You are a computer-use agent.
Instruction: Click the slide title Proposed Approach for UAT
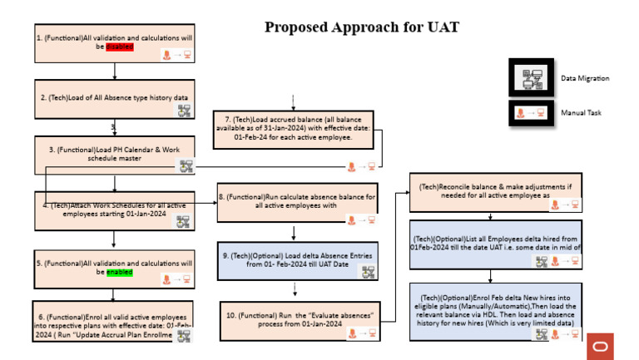tap(362, 27)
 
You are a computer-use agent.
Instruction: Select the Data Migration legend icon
tap(531, 78)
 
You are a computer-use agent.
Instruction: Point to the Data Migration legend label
tap(585, 78)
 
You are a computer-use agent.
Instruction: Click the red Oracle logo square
tap(599, 346)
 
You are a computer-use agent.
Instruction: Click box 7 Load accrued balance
tap(296, 130)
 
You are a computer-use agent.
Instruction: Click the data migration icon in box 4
tap(183, 221)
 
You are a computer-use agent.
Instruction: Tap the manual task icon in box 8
tap(359, 219)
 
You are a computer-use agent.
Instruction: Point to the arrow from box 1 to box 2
tap(113, 72)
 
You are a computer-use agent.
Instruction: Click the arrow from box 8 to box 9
tap(297, 231)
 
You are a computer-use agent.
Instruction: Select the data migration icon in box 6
tap(183, 335)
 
